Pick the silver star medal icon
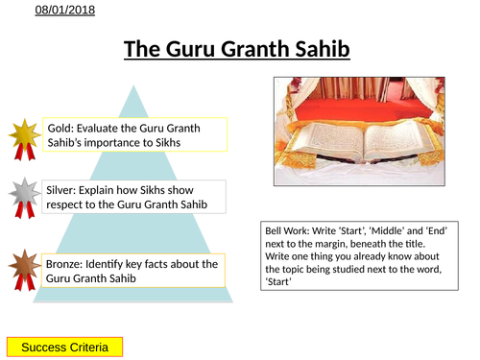click(23, 195)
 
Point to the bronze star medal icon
click(23, 270)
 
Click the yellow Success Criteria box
click(65, 347)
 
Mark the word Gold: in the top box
click(60, 128)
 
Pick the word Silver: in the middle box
click(63, 189)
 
